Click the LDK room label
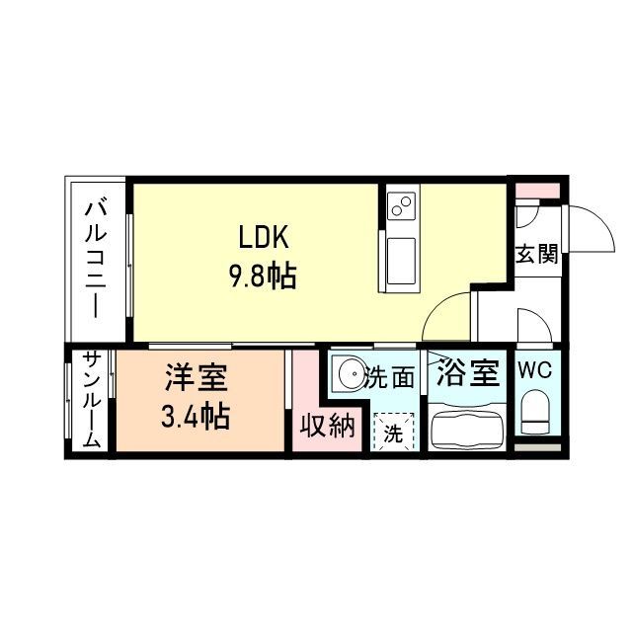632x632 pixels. tap(262, 238)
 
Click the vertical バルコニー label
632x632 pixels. tap(96, 259)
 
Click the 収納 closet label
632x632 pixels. tap(327, 426)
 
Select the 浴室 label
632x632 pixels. tap(466, 375)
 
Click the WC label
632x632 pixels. tap(534, 371)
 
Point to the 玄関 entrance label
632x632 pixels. tap(536, 253)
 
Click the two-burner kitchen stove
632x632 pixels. tap(403, 207)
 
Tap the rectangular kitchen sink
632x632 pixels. tap(403, 262)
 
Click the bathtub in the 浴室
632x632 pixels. tap(466, 429)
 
